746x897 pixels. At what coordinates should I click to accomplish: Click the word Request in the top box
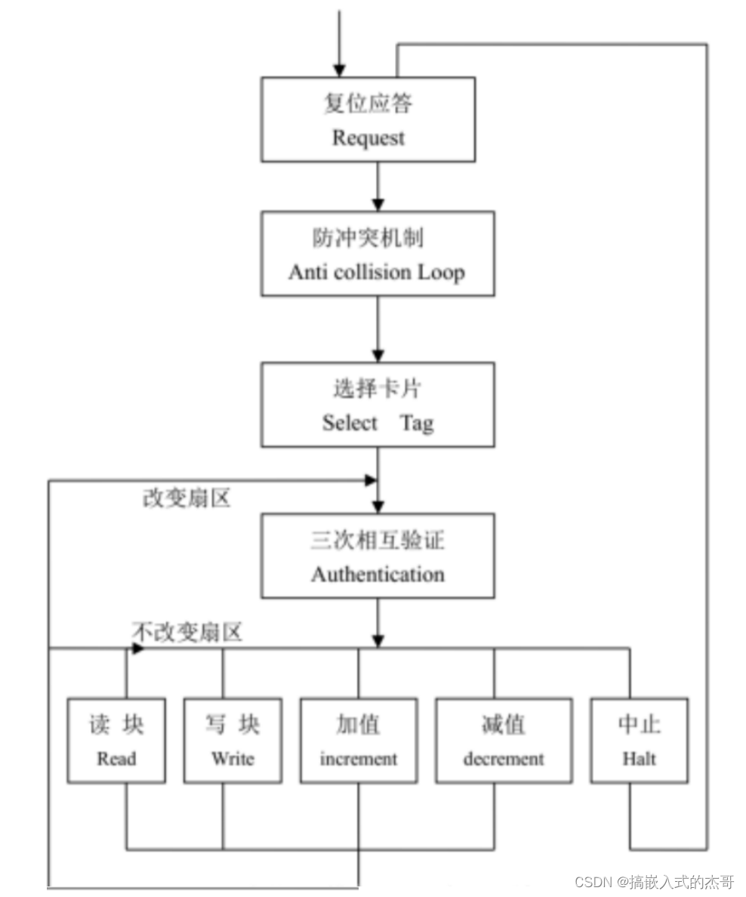(x=368, y=138)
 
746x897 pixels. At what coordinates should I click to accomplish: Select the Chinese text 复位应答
(x=368, y=103)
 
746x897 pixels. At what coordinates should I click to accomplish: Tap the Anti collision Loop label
(x=376, y=272)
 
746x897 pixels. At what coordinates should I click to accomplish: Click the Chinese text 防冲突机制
(x=368, y=238)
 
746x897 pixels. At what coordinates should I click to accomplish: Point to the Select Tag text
(x=378, y=423)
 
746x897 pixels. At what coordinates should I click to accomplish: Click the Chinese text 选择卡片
(x=377, y=389)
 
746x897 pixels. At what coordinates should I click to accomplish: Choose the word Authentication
(x=378, y=574)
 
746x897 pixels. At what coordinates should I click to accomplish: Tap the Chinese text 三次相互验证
(x=378, y=541)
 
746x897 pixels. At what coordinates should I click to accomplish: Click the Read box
(x=116, y=740)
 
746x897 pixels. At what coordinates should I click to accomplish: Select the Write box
(x=233, y=740)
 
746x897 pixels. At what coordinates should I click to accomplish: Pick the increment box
(x=359, y=740)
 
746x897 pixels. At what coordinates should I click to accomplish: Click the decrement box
(x=504, y=740)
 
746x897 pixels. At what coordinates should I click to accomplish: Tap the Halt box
(x=639, y=740)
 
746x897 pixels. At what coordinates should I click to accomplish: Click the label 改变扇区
(x=186, y=499)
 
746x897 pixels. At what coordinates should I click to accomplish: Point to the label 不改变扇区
(x=187, y=632)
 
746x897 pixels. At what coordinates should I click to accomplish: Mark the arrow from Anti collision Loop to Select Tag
(x=378, y=328)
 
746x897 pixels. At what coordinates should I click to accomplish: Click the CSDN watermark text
(x=654, y=882)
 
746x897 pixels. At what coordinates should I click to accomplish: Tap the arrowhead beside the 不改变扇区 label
(x=137, y=648)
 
